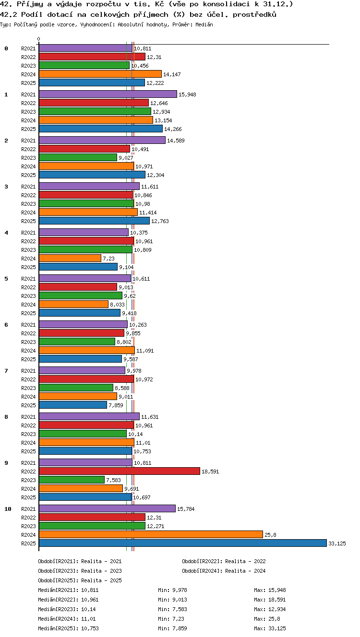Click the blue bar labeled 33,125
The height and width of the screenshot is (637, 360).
point(183,543)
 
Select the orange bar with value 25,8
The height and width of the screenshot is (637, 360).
point(151,534)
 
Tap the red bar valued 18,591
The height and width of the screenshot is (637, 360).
point(120,471)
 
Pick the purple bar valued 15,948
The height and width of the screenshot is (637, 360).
point(108,94)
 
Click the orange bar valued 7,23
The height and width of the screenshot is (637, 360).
point(70,258)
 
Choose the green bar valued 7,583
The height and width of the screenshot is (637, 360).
point(72,480)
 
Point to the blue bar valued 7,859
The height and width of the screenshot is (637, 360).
point(73,405)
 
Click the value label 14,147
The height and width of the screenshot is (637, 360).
point(172,74)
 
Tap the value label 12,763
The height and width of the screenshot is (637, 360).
point(160,221)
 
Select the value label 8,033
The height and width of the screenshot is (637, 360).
point(117,305)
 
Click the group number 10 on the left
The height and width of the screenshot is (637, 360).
point(8,509)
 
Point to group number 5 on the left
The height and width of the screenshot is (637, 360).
point(6,279)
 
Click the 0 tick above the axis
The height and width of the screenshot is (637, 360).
point(39,39)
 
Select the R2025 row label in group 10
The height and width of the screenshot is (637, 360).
point(28,543)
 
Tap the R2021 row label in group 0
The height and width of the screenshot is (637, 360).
point(28,48)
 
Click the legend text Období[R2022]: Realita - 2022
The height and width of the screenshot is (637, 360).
point(224,561)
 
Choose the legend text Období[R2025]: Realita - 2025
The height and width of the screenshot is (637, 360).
point(80,580)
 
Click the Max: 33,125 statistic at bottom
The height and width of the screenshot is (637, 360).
point(270,628)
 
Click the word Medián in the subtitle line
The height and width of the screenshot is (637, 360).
point(204,24)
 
